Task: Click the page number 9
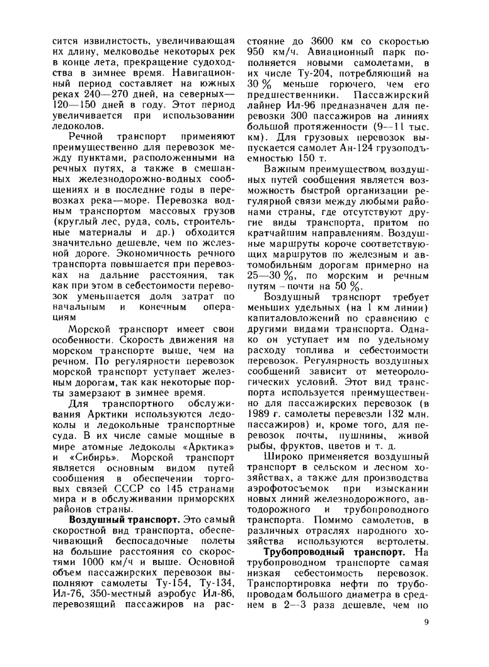tap(426, 622)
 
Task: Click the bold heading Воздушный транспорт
tap(125, 519)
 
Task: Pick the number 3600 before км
tap(323, 42)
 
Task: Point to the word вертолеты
tap(403, 541)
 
